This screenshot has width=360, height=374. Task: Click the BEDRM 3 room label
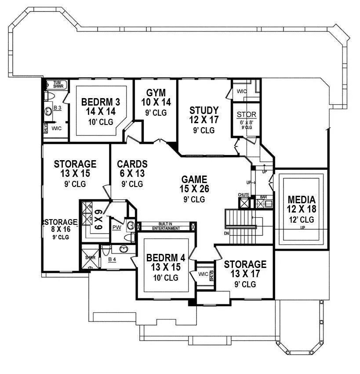pos(101,102)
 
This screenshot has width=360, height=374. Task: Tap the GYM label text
pos(156,93)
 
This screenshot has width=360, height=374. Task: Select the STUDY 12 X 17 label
pos(204,110)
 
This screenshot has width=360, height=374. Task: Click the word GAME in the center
pos(194,180)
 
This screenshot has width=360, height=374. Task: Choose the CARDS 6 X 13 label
pos(132,164)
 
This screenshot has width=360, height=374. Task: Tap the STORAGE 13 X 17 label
pos(245,264)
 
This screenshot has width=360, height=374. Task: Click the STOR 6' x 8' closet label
pos(246,115)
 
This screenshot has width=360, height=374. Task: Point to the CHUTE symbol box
pos(244,203)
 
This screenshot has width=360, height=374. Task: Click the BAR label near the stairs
pos(264,197)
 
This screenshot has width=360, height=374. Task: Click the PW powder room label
pos(116,227)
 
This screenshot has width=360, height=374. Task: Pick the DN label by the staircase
pos(226,233)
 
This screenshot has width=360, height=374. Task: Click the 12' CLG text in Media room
pos(301,220)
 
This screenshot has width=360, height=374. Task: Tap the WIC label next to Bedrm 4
pos(202,274)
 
